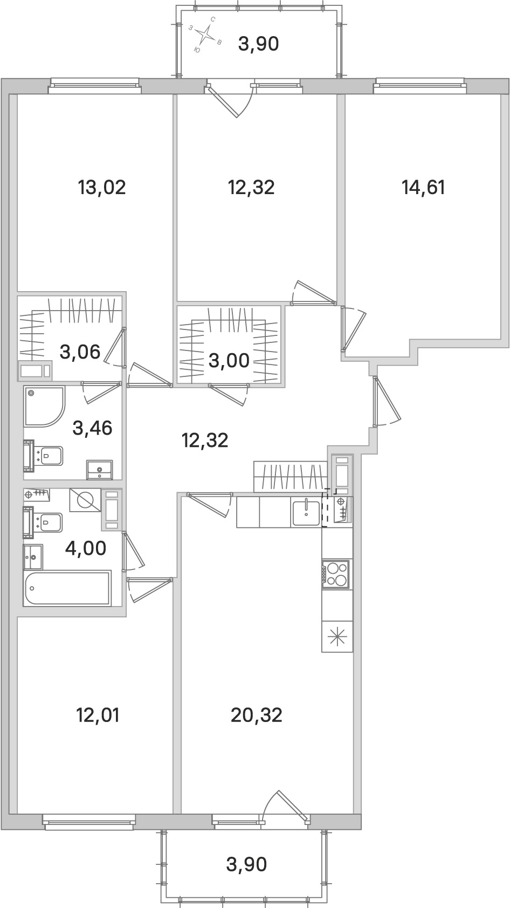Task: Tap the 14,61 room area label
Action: coord(423,188)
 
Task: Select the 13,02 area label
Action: coord(102,188)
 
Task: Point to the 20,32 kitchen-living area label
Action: coord(257,716)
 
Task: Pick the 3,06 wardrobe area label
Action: coord(80,352)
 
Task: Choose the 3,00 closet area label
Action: coord(229,360)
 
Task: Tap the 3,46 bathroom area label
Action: coord(93,429)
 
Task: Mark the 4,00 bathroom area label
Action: coord(85,549)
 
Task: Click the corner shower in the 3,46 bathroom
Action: coord(43,406)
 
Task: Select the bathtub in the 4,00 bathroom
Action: coord(68,588)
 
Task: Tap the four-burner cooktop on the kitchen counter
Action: coord(336,573)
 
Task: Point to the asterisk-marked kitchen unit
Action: coord(337,636)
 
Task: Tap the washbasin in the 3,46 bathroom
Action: coord(100,469)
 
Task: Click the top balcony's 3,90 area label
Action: coord(259,44)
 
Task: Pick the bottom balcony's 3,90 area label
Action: coord(246,865)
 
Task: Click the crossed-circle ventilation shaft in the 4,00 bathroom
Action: coord(85,500)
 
